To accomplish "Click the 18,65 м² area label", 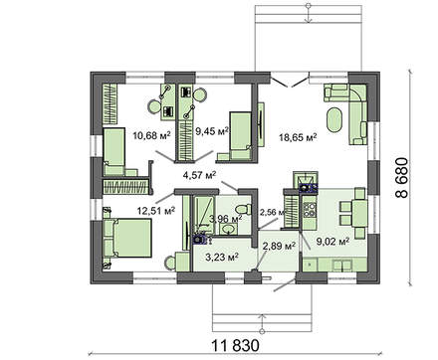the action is [298, 137].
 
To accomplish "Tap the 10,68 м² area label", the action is [151, 135].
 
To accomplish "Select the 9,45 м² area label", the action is [212, 131].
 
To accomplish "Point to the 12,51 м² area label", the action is [156, 210].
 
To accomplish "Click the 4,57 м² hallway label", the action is [200, 174].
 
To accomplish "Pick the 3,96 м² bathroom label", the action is [226, 219].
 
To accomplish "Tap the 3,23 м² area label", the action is [222, 257].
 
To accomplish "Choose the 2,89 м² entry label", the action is [279, 246].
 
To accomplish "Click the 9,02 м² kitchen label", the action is [332, 241].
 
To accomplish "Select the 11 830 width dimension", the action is [235, 346].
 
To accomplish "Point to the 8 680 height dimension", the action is [402, 178].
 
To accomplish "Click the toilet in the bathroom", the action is [243, 209].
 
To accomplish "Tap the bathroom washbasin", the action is [228, 229].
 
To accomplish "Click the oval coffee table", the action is [334, 119].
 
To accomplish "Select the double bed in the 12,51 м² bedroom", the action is [127, 238].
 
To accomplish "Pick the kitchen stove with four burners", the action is [310, 208].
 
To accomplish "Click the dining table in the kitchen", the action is [359, 213].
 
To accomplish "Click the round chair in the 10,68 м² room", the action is [154, 107].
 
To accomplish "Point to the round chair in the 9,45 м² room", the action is [200, 94].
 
